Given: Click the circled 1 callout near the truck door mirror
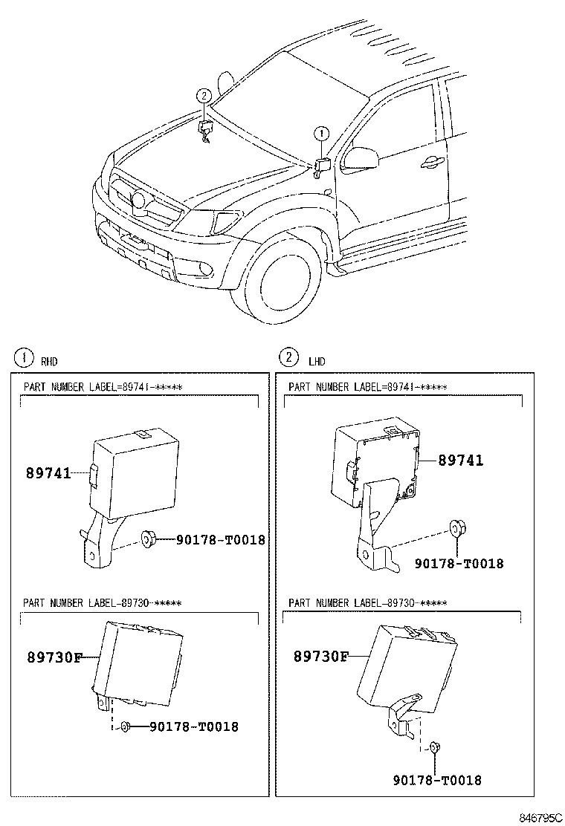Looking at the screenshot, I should point(320,134).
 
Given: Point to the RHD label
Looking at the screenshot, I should point(48,362).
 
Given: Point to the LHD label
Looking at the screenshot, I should point(317,362).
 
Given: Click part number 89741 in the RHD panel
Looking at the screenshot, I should point(49,472).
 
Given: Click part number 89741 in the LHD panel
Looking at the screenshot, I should point(460,461).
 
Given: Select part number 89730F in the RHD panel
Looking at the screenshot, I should point(54,657).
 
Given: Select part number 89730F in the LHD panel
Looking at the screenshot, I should point(320,657).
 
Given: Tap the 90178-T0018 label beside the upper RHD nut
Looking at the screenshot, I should point(220,540).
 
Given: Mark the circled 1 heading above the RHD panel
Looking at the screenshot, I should point(24,358).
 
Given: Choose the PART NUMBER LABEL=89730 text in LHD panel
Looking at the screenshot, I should point(368,603).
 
